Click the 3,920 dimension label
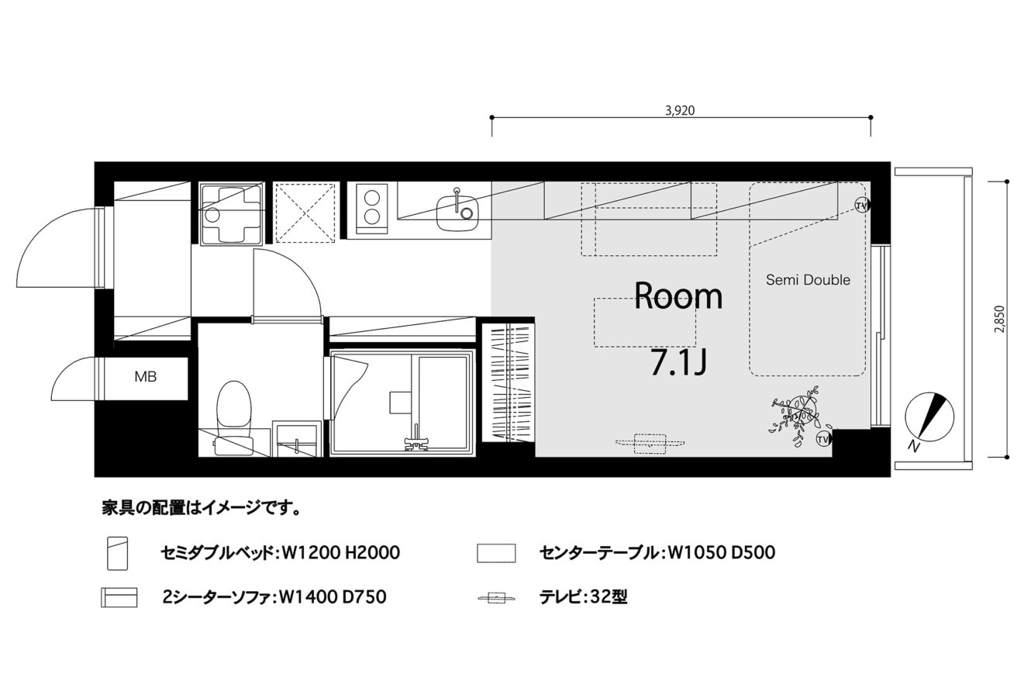tap(680, 110)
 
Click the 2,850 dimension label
tap(999, 319)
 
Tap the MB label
tap(146, 377)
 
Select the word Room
tap(678, 296)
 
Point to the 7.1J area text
tap(678, 363)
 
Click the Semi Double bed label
tap(808, 280)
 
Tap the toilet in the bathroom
tap(234, 417)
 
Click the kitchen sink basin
tap(457, 213)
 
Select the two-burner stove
tap(372, 209)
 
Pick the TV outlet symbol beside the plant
tap(823, 439)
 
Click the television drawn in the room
tap(650, 444)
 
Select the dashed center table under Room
tap(644, 323)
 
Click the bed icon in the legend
tap(117, 553)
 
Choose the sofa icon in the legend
tap(119, 597)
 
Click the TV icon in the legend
tap(496, 598)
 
